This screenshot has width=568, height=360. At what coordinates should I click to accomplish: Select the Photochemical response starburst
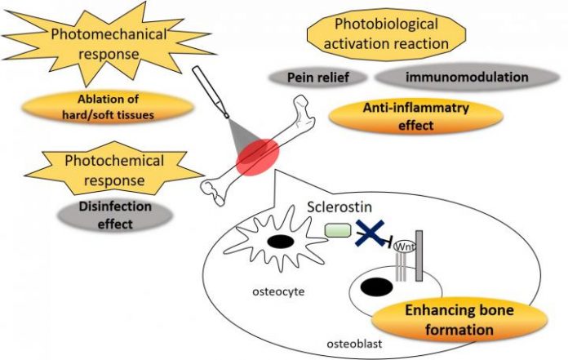click(x=111, y=170)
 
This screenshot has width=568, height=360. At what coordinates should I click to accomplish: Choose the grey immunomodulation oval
click(x=461, y=78)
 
